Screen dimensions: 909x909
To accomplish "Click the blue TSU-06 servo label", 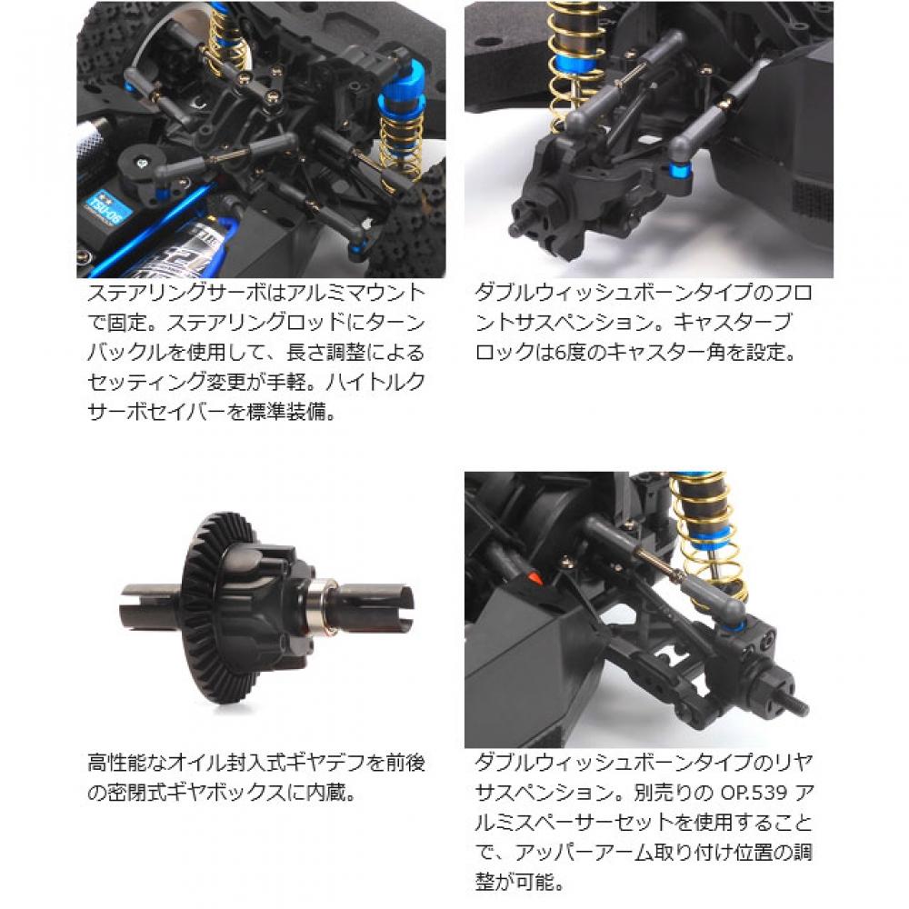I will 114,211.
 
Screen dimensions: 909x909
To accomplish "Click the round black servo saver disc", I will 143,163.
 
